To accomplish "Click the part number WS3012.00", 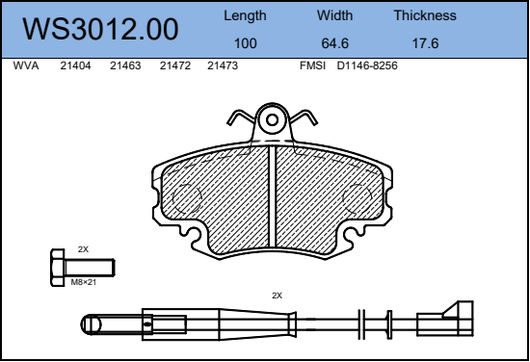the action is [100, 30].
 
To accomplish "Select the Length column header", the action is [245, 15].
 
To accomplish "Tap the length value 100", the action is [246, 43].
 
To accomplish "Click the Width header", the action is [334, 15].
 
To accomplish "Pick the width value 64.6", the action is [335, 43].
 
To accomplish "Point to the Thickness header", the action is [425, 15].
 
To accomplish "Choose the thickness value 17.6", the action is [425, 43].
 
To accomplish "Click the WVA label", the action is [26, 65].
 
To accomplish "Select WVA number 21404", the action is [75, 65].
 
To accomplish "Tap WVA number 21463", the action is [125, 65].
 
